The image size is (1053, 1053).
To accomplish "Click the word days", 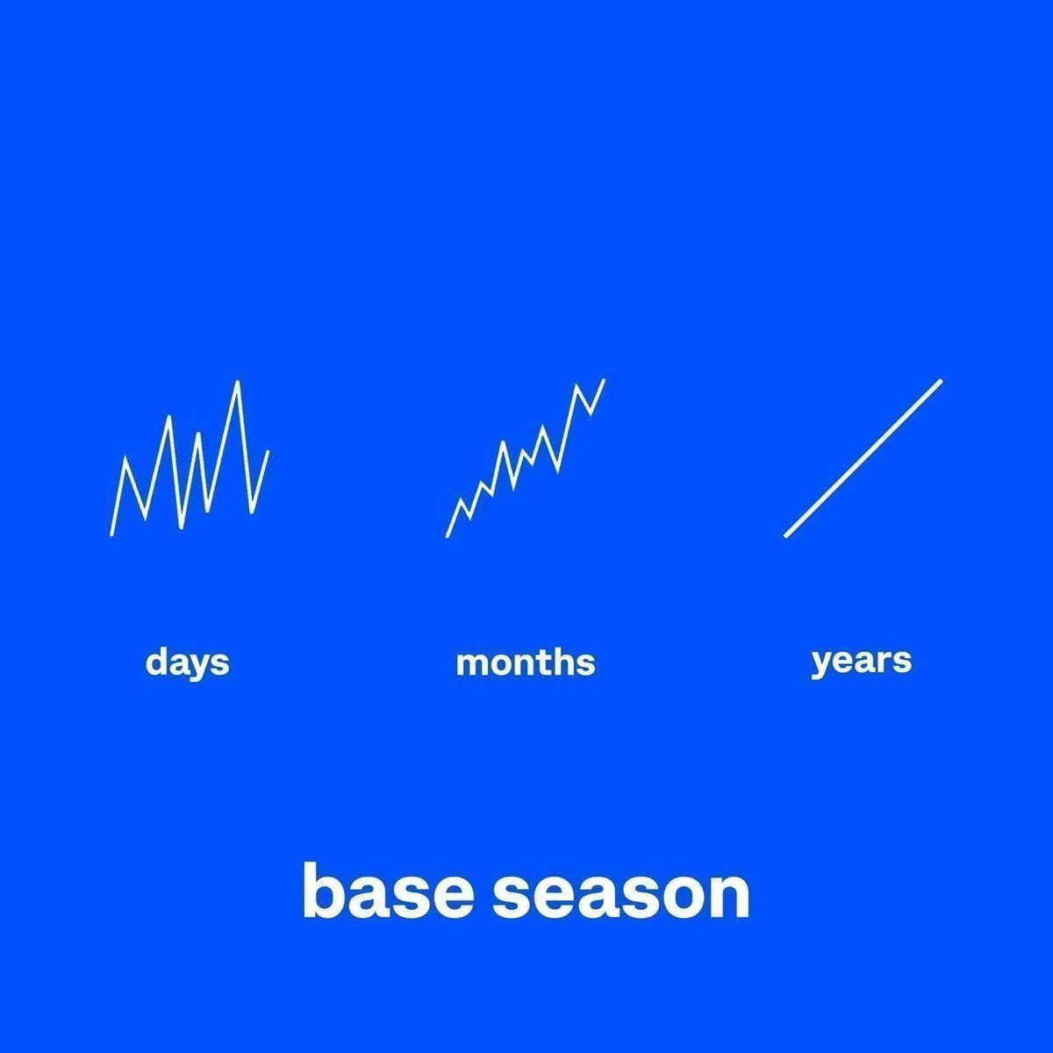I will point(187,662).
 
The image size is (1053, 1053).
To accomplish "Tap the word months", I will point(526,662).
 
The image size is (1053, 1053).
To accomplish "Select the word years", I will point(861,661).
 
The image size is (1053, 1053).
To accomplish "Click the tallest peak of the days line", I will point(238,383).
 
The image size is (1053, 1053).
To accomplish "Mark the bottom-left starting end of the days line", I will point(111,534).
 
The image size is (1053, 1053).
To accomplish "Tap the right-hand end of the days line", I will point(268,452).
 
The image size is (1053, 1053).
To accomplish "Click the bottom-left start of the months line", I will point(448,534).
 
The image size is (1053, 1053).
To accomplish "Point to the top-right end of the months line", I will point(604,380).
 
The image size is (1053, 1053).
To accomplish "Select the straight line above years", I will point(863,458).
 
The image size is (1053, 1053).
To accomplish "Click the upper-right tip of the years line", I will point(940,382).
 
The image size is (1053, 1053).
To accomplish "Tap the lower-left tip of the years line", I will point(786,534).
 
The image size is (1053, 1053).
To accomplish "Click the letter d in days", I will point(156,662).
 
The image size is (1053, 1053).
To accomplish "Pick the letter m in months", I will point(471,663).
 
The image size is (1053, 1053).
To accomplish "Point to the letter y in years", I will point(822,663).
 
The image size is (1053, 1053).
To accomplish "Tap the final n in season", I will point(730,896).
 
